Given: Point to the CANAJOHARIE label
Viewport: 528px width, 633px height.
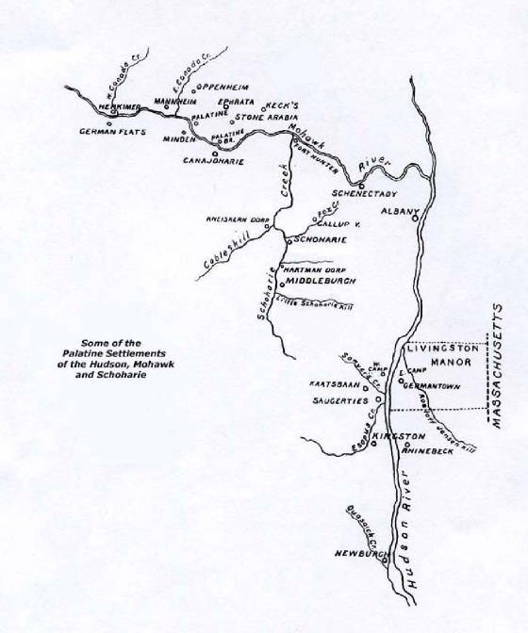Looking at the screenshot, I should (x=215, y=161).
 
